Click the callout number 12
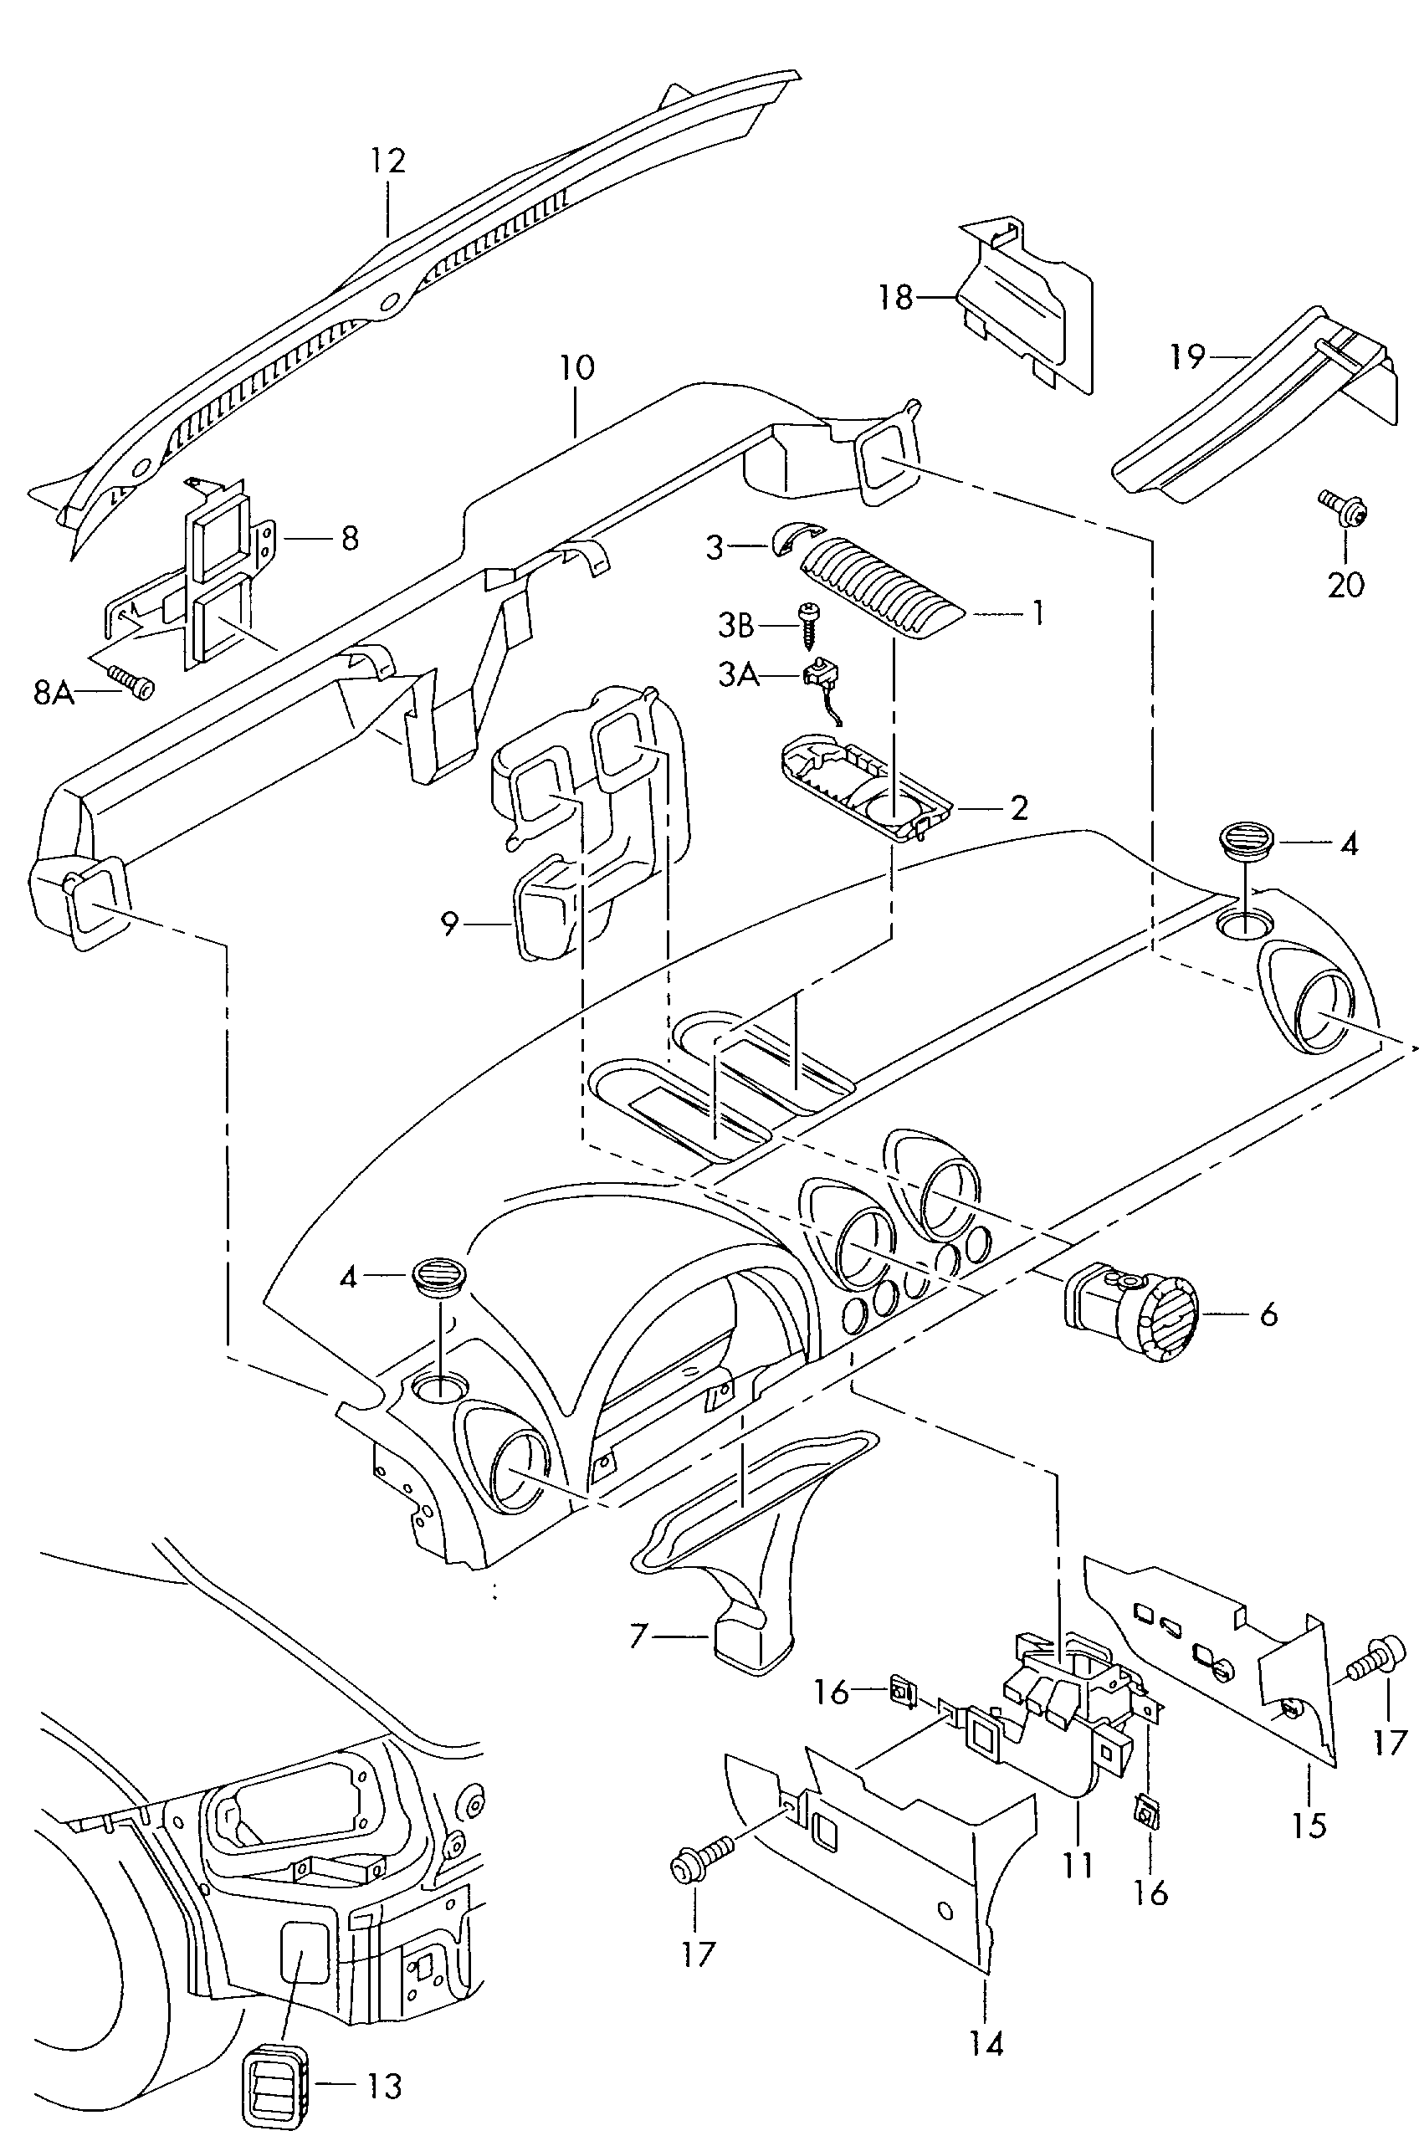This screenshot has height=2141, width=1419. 387,161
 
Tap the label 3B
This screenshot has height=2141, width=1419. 735,624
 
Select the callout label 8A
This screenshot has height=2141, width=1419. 54,693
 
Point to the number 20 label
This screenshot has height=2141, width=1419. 1345,585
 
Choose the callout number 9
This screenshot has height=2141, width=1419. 450,924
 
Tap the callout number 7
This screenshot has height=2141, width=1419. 639,1635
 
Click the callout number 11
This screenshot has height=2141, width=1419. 1078,1864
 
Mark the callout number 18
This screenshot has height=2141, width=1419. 896,297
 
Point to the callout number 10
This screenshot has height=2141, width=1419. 576,367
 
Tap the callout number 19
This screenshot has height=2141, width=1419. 1187,356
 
